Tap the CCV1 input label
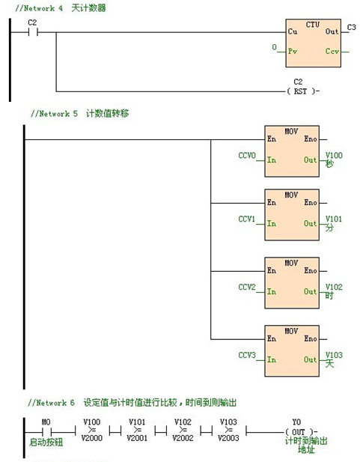tap(247, 220)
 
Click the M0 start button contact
tap(46, 431)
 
